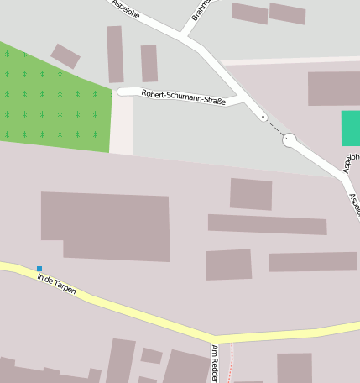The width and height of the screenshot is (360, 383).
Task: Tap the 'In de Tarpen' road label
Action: tap(56, 283)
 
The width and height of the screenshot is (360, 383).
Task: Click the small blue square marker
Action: tap(39, 269)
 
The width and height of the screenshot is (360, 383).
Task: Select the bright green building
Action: tap(351, 128)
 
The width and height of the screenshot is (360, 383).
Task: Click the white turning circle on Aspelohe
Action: tap(290, 140)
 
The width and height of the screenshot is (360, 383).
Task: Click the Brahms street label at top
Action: tap(201, 10)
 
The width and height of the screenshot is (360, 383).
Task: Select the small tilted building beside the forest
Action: tap(65, 56)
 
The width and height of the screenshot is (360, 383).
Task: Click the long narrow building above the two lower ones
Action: tap(267, 224)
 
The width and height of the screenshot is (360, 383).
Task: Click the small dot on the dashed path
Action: tap(263, 116)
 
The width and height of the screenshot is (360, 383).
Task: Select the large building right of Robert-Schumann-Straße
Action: tap(333, 88)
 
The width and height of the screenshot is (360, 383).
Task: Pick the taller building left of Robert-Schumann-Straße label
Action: tap(115, 54)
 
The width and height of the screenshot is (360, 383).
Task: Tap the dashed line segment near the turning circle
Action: tap(275, 128)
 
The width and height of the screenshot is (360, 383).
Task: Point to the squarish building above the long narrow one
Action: tap(251, 194)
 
